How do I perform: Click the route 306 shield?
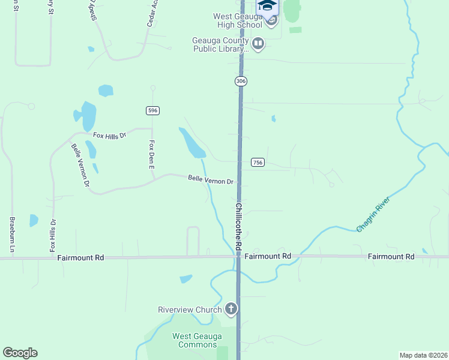click(241, 81)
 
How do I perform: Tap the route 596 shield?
click(152, 110)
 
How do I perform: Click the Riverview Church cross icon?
click(231, 310)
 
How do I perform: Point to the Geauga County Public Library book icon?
click(258, 43)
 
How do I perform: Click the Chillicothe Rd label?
click(239, 227)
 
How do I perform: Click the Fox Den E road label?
click(152, 155)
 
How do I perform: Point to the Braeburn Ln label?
click(11, 234)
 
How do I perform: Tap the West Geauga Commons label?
click(194, 340)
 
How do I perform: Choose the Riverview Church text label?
click(190, 310)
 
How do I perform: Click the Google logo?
click(20, 353)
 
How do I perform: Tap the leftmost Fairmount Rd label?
click(81, 257)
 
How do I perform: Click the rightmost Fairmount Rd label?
click(391, 256)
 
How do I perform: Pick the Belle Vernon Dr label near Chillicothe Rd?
click(210, 179)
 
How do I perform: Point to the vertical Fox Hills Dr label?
click(53, 235)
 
